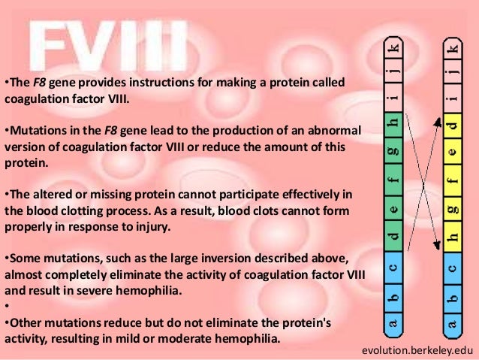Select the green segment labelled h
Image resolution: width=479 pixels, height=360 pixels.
[391, 123]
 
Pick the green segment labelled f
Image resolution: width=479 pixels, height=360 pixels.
[391, 180]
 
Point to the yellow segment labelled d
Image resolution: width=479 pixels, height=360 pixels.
[450, 123]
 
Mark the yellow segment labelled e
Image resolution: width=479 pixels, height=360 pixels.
[450, 151]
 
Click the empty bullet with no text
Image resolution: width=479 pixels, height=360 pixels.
[6, 306]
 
